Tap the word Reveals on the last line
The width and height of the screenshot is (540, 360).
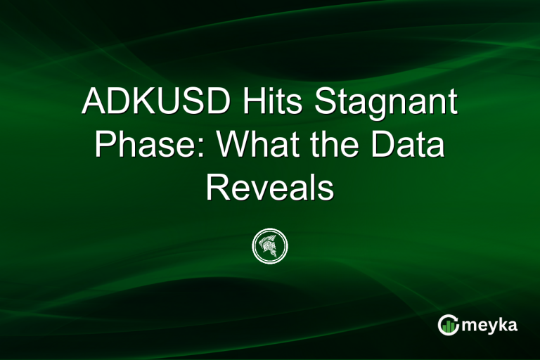click(x=270, y=187)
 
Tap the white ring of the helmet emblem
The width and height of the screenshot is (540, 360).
click(x=270, y=230)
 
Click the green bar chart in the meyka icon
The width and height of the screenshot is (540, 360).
click(x=448, y=326)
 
